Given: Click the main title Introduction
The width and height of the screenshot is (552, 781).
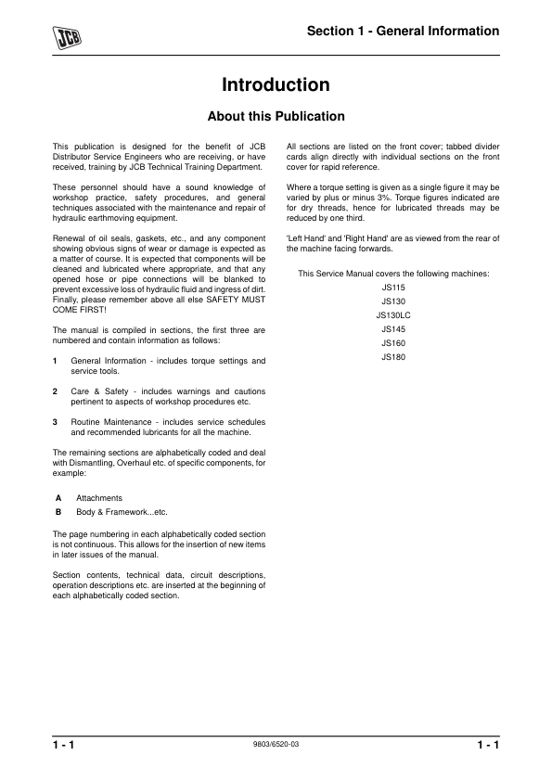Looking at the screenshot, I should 276,85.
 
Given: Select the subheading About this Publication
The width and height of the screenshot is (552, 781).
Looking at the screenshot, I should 276,117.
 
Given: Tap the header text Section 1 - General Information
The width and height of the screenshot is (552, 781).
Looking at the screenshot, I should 404,32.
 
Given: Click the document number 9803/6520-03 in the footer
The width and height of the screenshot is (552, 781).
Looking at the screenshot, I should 276,745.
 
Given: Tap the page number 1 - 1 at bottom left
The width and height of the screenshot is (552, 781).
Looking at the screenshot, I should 64,746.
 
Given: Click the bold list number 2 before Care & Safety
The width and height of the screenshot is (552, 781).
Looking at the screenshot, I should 57,390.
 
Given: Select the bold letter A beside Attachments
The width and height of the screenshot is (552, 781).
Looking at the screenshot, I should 58,498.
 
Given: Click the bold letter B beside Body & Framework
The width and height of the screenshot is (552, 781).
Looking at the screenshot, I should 58,511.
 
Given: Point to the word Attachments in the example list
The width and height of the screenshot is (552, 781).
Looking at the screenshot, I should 99,498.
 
